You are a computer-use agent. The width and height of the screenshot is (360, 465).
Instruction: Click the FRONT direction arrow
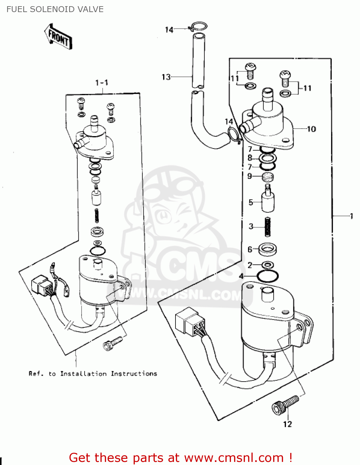(58, 37)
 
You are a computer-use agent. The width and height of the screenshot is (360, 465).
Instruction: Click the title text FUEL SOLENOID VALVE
(55, 9)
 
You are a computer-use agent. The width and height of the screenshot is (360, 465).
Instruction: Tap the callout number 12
(287, 424)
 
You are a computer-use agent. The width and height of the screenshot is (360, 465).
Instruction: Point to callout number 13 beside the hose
(166, 77)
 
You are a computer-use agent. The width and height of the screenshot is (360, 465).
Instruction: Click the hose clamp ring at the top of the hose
(198, 26)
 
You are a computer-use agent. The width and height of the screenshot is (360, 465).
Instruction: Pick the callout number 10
(311, 129)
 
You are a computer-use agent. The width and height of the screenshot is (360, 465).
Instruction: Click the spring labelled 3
(267, 227)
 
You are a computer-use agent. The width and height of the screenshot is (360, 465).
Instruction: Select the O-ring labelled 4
(268, 276)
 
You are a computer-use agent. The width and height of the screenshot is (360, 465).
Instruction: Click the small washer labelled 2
(267, 265)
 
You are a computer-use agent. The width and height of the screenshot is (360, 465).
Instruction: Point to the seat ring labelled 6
(267, 249)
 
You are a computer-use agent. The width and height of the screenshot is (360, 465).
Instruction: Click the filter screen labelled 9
(268, 177)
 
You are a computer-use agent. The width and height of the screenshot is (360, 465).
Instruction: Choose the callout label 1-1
(102, 83)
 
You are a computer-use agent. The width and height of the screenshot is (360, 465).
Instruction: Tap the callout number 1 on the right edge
(351, 216)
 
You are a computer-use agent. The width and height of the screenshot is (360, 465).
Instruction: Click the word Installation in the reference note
(83, 374)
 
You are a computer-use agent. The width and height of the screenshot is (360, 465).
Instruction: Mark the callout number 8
(250, 158)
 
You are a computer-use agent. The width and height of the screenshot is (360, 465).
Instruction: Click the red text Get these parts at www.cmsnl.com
(180, 458)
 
